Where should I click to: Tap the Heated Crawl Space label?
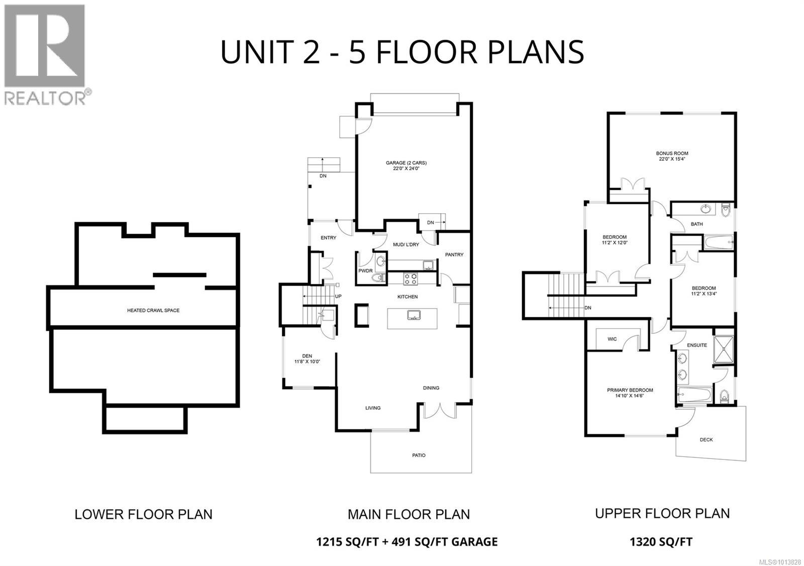click(x=153, y=311)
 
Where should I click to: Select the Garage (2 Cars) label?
click(x=406, y=166)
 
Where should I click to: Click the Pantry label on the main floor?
click(x=454, y=255)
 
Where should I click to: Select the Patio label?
click(x=419, y=455)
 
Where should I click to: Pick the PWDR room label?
click(x=365, y=271)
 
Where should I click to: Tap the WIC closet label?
click(x=612, y=339)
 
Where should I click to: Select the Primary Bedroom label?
click(x=630, y=393)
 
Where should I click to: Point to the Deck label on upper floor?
click(x=706, y=440)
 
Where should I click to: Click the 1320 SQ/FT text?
click(x=661, y=542)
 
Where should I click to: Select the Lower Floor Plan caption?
click(x=143, y=515)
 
